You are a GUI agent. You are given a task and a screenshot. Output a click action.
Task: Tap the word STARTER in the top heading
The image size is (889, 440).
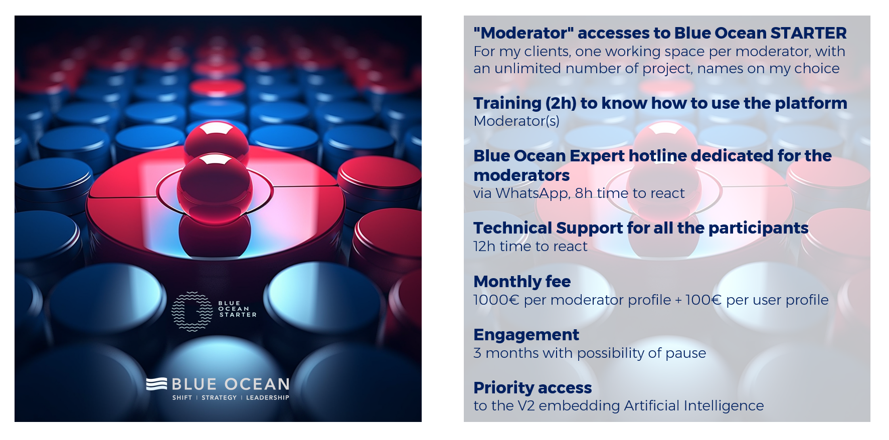coord(808,33)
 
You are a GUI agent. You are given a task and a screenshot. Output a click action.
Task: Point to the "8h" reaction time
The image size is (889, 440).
coord(584,193)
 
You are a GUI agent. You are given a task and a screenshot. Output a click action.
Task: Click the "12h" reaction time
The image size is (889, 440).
coord(484,247)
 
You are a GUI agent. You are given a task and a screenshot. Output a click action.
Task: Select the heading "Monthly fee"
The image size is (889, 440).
coord(522,282)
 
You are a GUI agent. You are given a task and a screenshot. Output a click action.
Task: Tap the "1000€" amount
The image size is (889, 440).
coord(496,300)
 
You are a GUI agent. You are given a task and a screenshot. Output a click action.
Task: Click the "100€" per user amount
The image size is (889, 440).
coord(703,300)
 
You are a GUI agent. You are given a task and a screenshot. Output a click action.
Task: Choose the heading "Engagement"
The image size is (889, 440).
coord(526,335)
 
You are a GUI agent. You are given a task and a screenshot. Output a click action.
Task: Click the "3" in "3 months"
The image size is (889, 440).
coord(477,353)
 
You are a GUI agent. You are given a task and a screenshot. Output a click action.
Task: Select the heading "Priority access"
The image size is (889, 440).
coord(532,388)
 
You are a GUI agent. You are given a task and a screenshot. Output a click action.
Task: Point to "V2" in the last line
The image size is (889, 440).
coord(526,406)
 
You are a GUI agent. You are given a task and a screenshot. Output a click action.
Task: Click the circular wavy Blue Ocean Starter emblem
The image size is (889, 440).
coord(192,311)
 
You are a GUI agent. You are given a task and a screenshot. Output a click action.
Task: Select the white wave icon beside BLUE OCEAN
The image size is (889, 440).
coord(156,384)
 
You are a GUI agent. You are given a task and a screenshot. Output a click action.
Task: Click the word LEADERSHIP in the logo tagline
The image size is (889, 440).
coord(267,398)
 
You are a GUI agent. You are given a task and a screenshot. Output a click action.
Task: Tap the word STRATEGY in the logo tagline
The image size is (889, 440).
coord(219,398)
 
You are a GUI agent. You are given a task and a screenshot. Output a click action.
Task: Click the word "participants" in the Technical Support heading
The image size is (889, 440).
coord(758,228)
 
